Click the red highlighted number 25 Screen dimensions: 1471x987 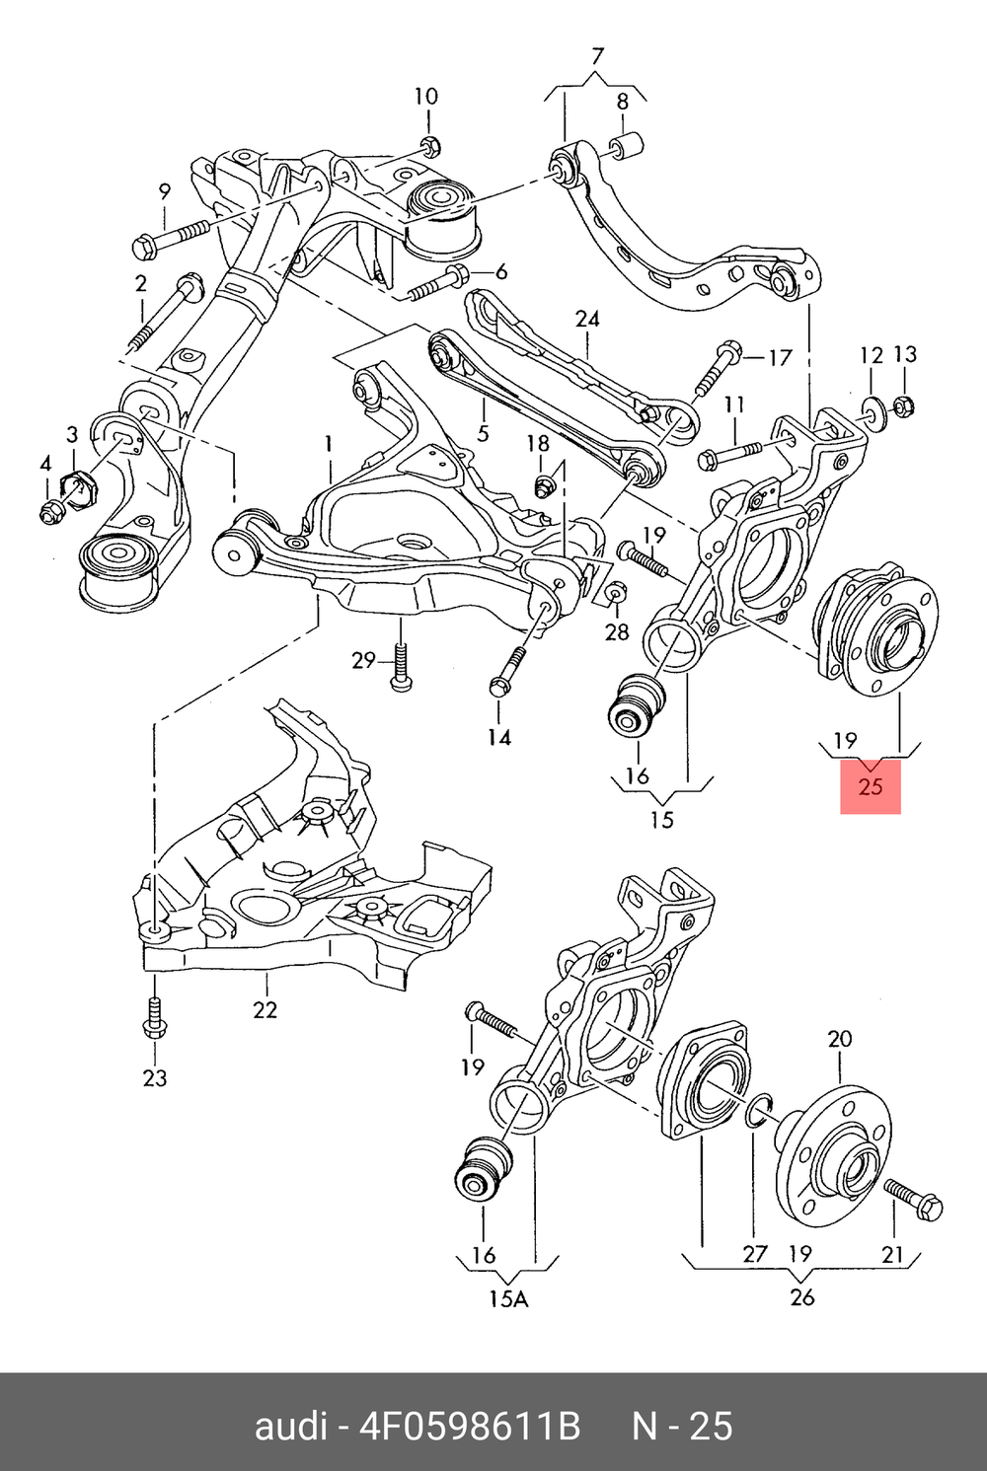coord(870,786)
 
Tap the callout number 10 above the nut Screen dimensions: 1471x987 coord(425,97)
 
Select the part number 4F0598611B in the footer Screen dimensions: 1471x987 coord(469,1427)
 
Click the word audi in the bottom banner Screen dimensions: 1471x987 coord(290,1427)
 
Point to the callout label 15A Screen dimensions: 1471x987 coord(508,1298)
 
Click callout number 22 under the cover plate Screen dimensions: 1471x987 coord(265,1009)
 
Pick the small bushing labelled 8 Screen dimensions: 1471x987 coord(627,145)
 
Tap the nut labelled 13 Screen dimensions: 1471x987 coord(903,405)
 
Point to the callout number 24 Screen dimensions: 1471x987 coord(587,319)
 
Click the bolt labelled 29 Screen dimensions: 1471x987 coord(400,668)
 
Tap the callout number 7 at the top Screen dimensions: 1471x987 coord(597,56)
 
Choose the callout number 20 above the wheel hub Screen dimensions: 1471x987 coord(839,1039)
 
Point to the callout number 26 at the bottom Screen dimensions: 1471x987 coord(801,1296)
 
